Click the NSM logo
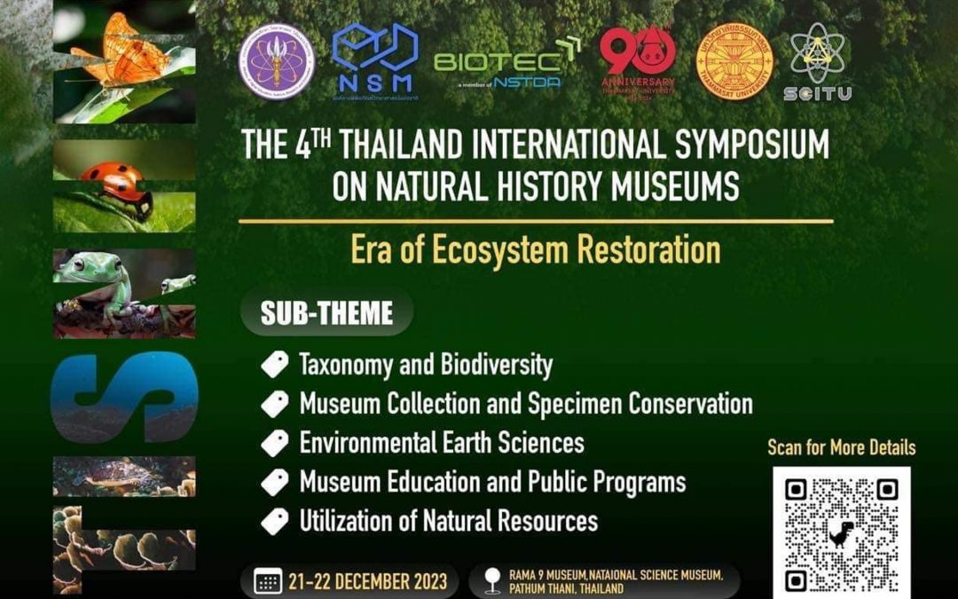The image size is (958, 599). click(374, 60)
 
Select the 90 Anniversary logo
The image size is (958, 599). click(637, 59)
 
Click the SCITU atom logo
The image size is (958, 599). click(817, 60)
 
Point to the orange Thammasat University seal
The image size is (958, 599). click(734, 60)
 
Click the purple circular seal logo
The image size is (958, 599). click(277, 60)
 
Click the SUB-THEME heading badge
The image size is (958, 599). click(326, 312)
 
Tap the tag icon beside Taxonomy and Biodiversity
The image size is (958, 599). click(275, 365)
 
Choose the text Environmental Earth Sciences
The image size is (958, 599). click(442, 442)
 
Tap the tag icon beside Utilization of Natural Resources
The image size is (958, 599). click(275, 521)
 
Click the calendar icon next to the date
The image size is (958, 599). click(267, 582)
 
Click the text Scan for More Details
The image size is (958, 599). click(841, 447)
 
